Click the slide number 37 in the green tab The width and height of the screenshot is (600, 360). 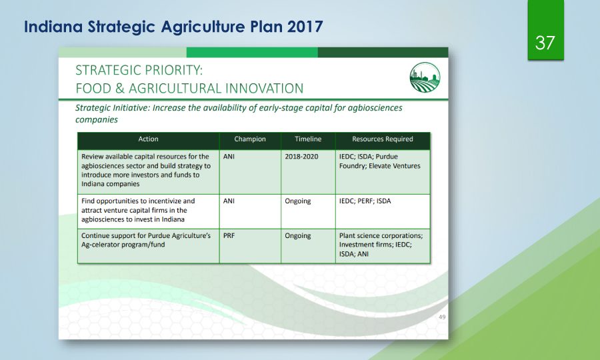click(x=545, y=43)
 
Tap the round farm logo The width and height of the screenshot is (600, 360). click(x=425, y=77)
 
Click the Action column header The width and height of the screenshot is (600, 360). click(x=148, y=139)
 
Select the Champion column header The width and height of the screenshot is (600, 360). click(x=250, y=139)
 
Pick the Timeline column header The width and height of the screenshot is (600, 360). click(x=308, y=139)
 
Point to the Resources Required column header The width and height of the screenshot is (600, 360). click(x=383, y=139)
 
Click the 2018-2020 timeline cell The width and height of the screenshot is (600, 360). click(x=301, y=157)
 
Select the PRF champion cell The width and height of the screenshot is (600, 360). click(x=229, y=235)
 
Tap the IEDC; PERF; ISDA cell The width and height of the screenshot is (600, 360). click(x=365, y=201)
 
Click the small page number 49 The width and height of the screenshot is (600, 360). click(x=442, y=317)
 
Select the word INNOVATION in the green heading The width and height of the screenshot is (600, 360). click(x=264, y=89)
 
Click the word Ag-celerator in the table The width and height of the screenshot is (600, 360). click(x=99, y=245)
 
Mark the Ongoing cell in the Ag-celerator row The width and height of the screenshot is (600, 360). click(x=298, y=236)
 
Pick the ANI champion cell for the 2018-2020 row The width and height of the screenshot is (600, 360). click(x=229, y=157)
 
